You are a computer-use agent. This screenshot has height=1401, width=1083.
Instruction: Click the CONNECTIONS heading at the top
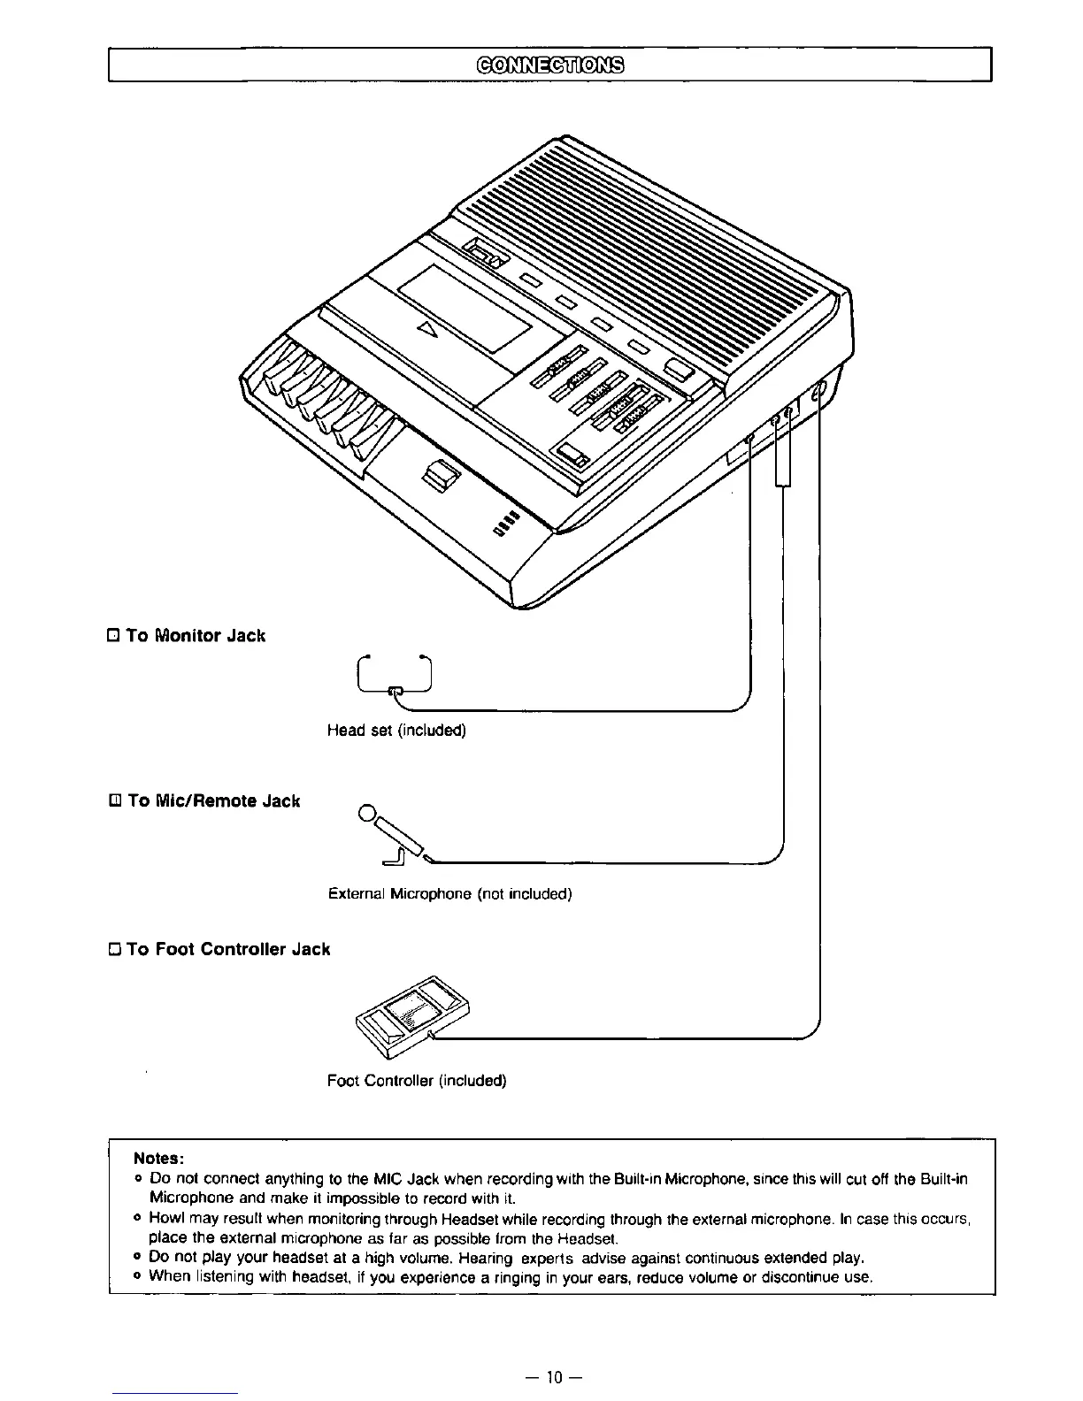coord(549,65)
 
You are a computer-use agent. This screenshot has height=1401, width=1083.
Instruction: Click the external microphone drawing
coord(395,836)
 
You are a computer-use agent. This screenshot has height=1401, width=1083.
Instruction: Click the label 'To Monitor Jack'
coord(196,635)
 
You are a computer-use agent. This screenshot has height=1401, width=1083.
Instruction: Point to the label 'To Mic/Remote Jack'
coord(213,800)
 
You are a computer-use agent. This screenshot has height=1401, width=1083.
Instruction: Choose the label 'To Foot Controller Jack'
coord(227,949)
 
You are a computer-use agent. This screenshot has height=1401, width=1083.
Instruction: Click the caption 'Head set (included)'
coord(396,730)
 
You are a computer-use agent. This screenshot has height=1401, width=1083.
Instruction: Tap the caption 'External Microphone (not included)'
coord(449,893)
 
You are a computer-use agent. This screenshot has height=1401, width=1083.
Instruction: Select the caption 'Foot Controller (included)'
coord(416,1080)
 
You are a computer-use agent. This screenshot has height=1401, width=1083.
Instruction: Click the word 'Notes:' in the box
coord(158,1158)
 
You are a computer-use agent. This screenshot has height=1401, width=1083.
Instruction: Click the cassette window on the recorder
coord(464,309)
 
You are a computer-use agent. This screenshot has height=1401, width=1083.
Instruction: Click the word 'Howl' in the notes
coord(165,1218)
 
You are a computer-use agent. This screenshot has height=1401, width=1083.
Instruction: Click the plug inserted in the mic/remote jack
coord(783,451)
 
